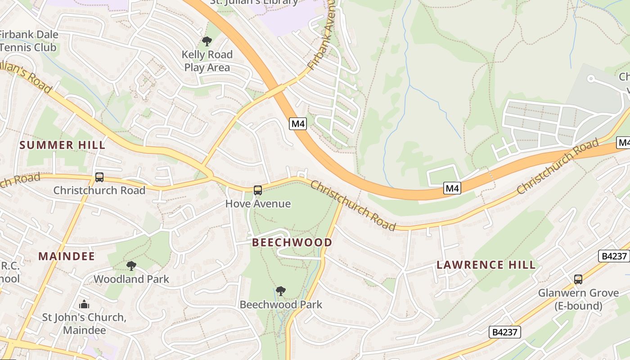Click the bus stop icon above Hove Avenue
(x=257, y=190)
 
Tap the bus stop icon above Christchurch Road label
(x=99, y=177)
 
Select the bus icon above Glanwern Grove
(x=578, y=279)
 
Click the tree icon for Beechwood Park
(x=281, y=291)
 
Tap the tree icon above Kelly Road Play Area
(x=207, y=42)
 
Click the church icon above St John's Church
(x=84, y=305)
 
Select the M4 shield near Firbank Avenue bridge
(x=298, y=124)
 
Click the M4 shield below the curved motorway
(x=452, y=188)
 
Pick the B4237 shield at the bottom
(x=505, y=332)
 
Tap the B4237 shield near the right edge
(x=614, y=256)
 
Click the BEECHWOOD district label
(x=292, y=243)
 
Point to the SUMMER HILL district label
(x=63, y=145)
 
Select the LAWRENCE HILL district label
(x=486, y=265)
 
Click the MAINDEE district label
(x=67, y=256)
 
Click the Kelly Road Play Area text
(x=207, y=61)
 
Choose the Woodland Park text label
(x=131, y=279)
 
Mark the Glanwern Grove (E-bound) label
(x=578, y=300)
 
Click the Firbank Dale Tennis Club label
(x=28, y=41)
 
